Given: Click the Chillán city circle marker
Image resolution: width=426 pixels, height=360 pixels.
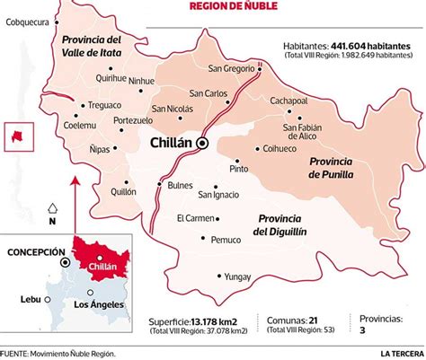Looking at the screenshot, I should coord(203,144).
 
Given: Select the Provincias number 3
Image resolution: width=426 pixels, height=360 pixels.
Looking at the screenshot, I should coord(362,331).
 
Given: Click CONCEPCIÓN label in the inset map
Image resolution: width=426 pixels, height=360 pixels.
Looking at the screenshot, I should coord(33,253).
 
